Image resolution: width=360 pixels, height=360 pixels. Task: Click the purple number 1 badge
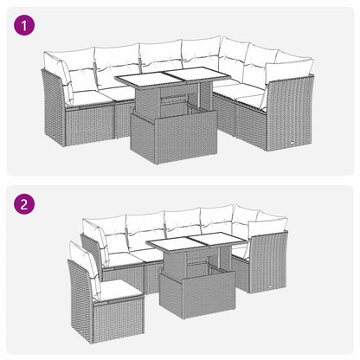tap(27, 27)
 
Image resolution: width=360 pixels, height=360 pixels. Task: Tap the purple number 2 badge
tap(27, 207)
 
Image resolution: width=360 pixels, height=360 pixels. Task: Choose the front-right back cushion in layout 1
tap(290, 73)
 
